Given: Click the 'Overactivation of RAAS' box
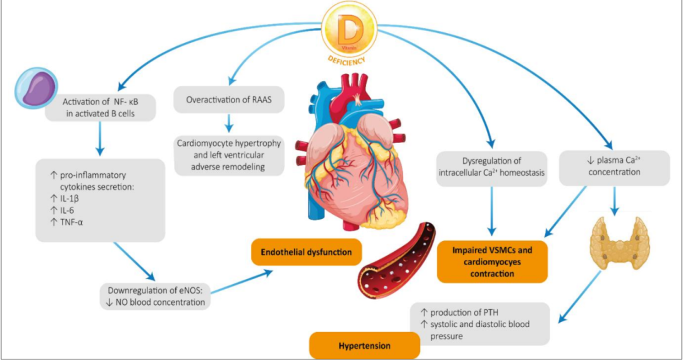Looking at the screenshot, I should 229,100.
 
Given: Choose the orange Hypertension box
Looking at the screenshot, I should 364,346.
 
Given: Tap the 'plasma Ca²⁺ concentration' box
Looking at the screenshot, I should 613,168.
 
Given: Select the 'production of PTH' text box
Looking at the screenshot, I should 484,324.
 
